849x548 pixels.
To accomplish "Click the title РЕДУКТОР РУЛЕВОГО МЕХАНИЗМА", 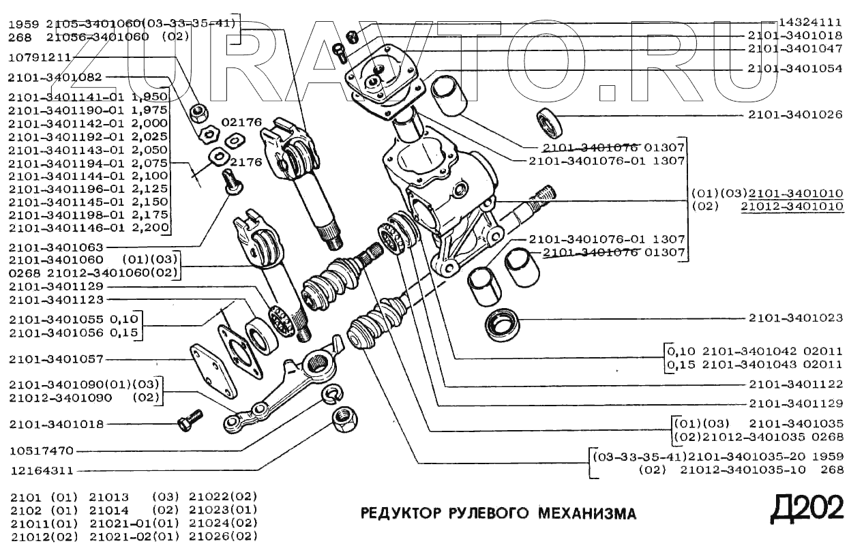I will [x=498, y=513].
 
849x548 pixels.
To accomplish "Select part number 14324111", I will [x=811, y=22].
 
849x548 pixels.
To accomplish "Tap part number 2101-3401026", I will [x=795, y=115].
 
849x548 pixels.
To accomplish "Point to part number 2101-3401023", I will [x=795, y=318].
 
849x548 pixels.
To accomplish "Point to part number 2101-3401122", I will [x=795, y=384].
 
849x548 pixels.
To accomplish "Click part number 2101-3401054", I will [x=795, y=69].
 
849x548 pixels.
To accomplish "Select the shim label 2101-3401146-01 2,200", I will [x=89, y=227].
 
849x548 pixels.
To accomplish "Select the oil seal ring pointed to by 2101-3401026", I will [x=550, y=123].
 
